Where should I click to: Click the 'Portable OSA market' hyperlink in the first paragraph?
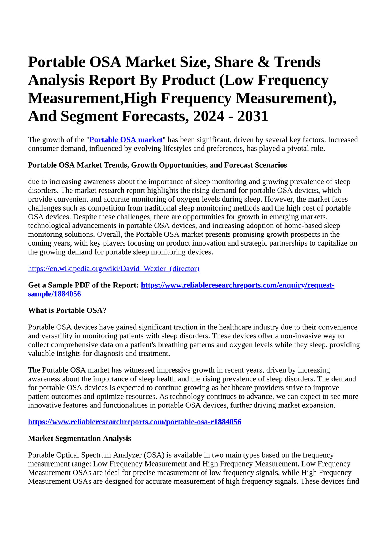click(x=126, y=140)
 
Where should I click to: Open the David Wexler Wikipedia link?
click(x=114, y=269)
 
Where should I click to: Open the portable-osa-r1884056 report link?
click(x=134, y=422)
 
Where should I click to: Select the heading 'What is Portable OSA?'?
click(x=67, y=310)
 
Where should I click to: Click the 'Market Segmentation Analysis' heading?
click(x=79, y=438)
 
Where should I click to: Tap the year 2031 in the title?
click(x=253, y=116)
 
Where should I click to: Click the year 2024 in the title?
click(x=209, y=116)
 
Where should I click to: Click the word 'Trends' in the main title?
click(x=297, y=62)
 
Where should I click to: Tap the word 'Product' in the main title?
click(x=188, y=80)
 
